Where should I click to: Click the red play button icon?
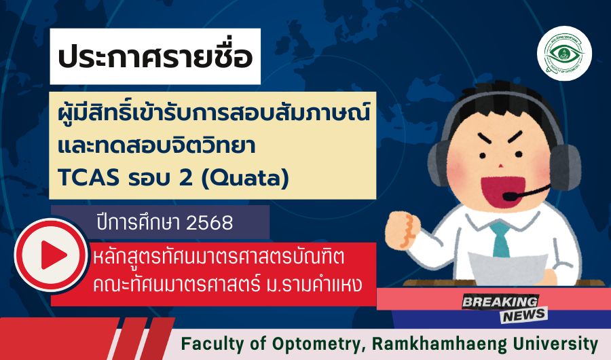point(50,255)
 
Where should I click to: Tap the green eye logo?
point(564,54)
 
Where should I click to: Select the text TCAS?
point(88,178)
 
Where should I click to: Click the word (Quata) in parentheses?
point(245,178)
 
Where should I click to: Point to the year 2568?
point(210,223)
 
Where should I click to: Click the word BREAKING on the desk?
point(500,302)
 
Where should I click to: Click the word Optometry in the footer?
point(316,344)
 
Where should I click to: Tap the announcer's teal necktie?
point(501,240)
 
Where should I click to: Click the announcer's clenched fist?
point(403,229)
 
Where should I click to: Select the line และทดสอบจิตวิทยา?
point(157,145)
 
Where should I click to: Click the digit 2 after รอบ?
point(186,178)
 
